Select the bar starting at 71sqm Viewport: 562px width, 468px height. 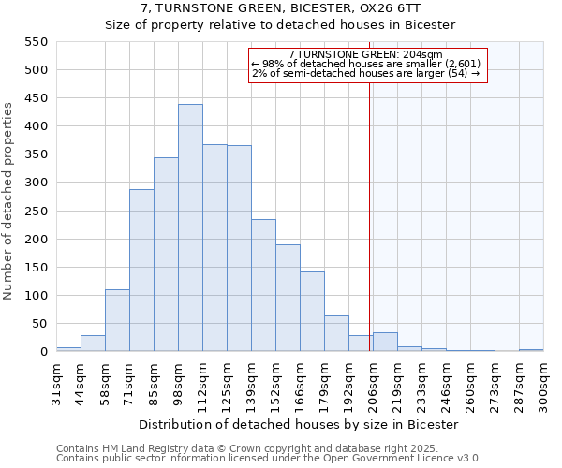141,271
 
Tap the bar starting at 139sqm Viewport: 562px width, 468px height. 263,285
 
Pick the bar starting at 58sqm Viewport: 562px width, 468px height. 117,320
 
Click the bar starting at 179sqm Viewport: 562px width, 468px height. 336,333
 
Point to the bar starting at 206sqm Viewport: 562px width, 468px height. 385,342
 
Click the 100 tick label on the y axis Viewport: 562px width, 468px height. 36,296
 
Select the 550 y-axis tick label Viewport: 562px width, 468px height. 36,42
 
